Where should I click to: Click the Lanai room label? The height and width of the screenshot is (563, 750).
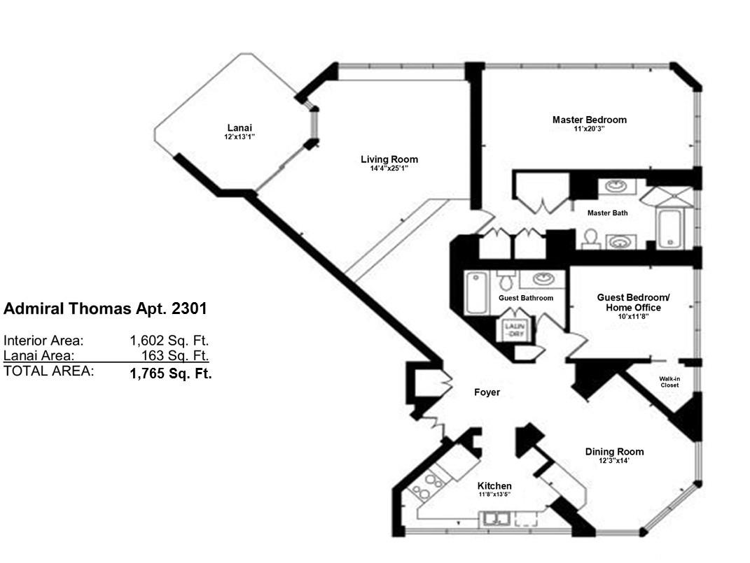tap(239, 128)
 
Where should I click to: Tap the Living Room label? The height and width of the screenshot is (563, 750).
tap(389, 159)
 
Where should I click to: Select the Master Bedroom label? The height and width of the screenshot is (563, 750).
tap(590, 120)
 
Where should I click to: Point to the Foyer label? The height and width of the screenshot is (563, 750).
tap(487, 392)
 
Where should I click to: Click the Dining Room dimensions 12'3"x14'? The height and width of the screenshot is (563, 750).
tap(613, 462)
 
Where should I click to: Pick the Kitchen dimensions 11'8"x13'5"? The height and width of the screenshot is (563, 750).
tap(494, 494)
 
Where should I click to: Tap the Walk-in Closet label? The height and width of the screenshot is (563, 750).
tap(669, 382)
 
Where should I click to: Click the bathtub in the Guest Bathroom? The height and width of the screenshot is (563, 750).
tap(476, 293)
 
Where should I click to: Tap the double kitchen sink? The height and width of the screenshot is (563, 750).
tap(496, 519)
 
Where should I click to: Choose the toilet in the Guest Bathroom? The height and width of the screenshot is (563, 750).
tap(505, 280)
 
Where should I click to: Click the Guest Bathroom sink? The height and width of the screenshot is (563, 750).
tap(543, 278)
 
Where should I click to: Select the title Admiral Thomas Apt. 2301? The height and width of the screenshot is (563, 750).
tap(105, 309)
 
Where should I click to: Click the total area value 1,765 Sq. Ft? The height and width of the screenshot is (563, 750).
tap(171, 373)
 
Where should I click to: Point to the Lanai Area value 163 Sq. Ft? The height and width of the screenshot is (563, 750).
tap(175, 356)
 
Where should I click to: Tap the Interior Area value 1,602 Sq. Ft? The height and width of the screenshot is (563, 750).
tap(169, 341)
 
